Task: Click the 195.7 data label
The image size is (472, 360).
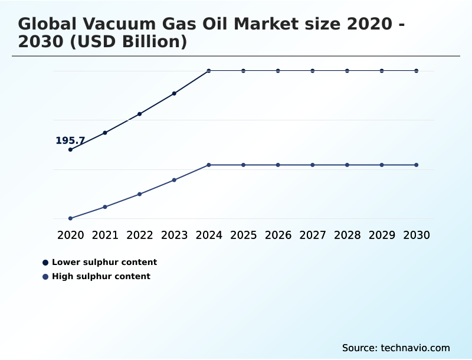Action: click(70, 140)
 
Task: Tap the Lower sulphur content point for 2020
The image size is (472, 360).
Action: click(70, 149)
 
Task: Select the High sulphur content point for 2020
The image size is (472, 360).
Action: click(70, 218)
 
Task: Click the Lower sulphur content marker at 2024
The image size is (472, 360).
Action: click(209, 71)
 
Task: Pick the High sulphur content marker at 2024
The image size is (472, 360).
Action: click(209, 165)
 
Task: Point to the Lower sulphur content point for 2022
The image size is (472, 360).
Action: click(139, 114)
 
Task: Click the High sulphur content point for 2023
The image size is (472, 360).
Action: click(174, 180)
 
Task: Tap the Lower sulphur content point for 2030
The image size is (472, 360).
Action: click(417, 71)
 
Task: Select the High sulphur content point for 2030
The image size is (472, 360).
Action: click(417, 165)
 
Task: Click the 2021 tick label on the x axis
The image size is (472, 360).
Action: click(105, 235)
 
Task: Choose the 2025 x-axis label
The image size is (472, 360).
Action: click(243, 235)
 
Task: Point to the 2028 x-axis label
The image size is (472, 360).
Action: click(347, 235)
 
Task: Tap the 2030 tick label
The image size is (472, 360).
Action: click(417, 235)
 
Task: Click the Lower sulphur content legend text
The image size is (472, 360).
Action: click(104, 262)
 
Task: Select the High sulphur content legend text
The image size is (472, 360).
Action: click(101, 276)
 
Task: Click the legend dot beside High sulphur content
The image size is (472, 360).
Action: click(45, 276)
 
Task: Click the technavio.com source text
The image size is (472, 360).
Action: click(415, 348)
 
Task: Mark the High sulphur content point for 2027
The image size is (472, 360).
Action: click(313, 165)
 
